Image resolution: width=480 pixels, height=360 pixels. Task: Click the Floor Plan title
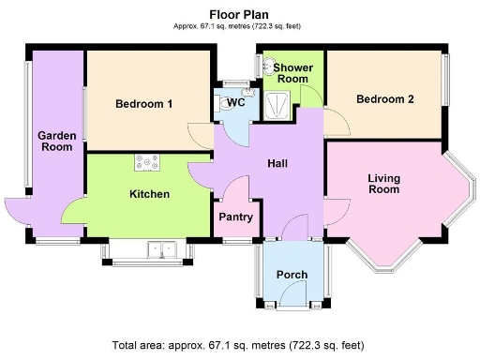239,14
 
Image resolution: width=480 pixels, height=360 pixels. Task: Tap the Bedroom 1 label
143,104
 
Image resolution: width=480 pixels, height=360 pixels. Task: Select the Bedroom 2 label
384,99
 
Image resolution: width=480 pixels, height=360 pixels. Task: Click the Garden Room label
55,142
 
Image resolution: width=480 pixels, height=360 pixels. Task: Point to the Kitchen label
148,195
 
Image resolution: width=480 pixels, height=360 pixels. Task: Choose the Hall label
277,163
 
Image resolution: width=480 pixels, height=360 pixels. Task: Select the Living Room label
383,184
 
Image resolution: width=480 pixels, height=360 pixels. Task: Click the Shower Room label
292,73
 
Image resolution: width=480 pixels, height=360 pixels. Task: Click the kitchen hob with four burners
148,163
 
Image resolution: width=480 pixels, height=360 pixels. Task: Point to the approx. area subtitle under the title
239,27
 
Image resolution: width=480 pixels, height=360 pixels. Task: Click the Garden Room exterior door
19,211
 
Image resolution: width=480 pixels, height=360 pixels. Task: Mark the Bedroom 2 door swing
337,122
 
